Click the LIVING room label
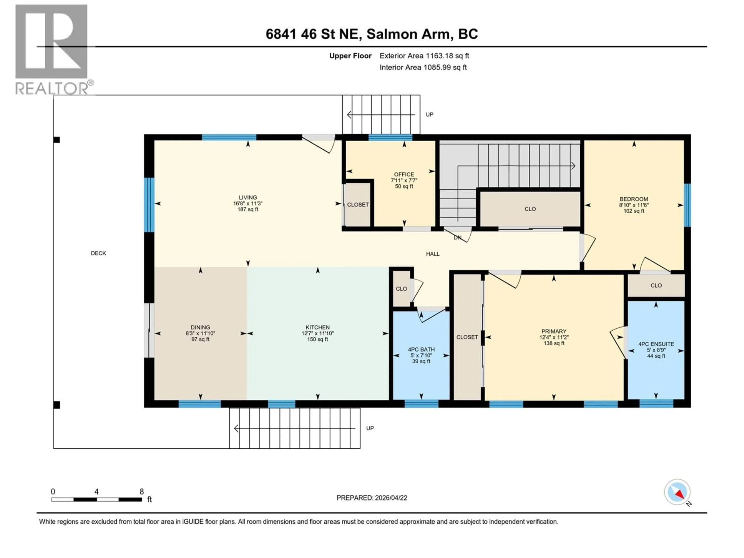(248, 197)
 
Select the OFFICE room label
(404, 174)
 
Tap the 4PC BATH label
(421, 350)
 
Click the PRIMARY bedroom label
(554, 331)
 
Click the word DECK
(98, 253)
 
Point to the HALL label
(432, 254)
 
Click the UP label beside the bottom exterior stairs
(370, 428)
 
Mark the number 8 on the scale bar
(142, 491)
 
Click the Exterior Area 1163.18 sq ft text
(424, 56)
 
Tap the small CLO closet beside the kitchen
(401, 288)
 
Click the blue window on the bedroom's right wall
(687, 205)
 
